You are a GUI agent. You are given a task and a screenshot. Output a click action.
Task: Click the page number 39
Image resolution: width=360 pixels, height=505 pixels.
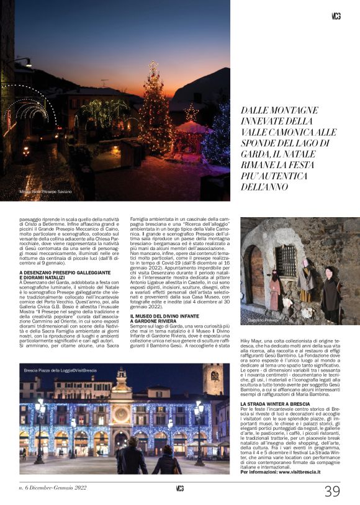[x=332, y=491]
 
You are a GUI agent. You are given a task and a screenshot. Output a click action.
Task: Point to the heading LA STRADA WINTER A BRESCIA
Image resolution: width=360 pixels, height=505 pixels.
[x=274, y=404]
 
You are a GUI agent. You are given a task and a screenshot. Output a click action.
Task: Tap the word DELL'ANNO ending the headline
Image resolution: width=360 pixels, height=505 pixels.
[x=267, y=185]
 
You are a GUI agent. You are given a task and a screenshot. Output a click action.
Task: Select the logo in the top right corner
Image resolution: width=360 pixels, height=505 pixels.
[x=336, y=16]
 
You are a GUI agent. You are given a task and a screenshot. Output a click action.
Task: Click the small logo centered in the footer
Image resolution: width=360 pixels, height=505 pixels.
[x=180, y=488]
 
